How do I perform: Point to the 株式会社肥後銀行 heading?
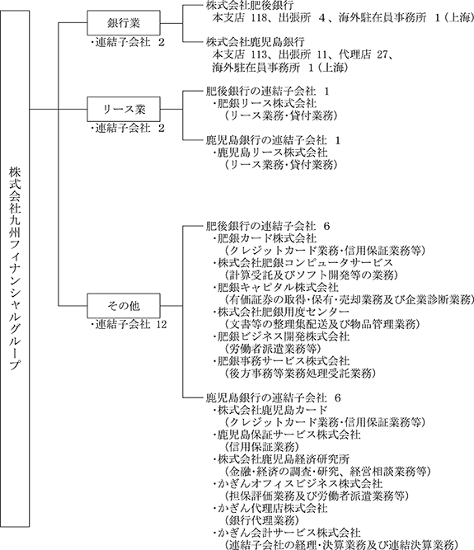(250, 6)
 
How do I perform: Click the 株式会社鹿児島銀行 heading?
(256, 42)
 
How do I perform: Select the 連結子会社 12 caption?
(129, 324)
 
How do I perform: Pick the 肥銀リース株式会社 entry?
(265, 103)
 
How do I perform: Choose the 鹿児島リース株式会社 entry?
(270, 153)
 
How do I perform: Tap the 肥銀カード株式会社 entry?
(265, 238)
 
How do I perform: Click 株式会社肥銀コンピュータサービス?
(303, 263)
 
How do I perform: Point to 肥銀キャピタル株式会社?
(276, 288)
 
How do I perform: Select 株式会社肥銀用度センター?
(281, 312)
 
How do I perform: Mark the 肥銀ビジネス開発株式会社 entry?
(281, 336)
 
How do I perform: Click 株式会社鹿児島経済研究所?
(281, 459)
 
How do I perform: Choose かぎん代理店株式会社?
(270, 508)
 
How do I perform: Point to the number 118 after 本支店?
(259, 18)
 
